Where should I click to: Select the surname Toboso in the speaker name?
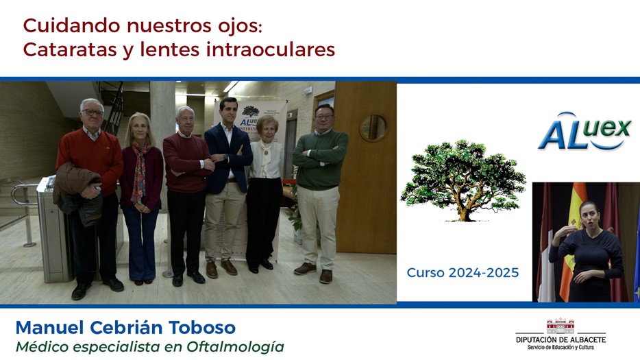tap(202, 328)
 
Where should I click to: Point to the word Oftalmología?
tap(236, 347)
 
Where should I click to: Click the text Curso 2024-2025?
tap(463, 272)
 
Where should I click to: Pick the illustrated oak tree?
tap(463, 180)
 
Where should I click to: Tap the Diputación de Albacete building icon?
tap(561, 326)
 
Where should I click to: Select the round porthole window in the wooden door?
tap(373, 128)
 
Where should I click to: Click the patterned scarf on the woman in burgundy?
tap(140, 171)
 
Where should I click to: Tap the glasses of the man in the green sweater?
tap(325, 117)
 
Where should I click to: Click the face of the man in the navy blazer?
tap(229, 112)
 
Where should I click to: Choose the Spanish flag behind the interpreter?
tap(573, 241)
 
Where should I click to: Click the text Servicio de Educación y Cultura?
tap(561, 348)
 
